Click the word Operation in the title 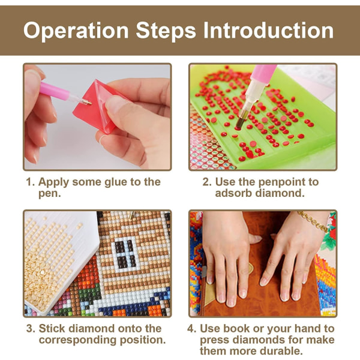click(76, 31)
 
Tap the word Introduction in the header click(268, 31)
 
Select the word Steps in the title click(166, 31)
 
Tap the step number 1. click(30, 182)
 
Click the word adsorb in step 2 click(234, 193)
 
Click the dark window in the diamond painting click(124, 254)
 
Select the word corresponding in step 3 click(78, 340)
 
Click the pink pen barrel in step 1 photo click(54, 89)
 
